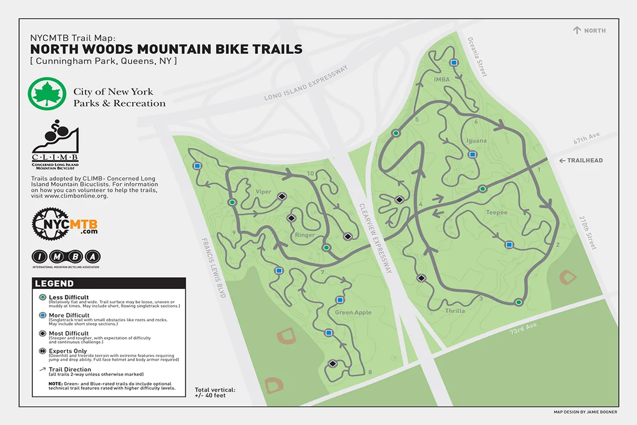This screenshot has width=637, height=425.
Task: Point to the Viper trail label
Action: [x=263, y=192]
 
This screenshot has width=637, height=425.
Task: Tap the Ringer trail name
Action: [x=305, y=235]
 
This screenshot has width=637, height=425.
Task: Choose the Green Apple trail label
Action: [x=353, y=312]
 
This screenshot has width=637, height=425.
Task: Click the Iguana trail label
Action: [x=476, y=141]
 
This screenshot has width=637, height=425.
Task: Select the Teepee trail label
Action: [x=496, y=212]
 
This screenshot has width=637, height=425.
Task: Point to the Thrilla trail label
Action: [x=455, y=311]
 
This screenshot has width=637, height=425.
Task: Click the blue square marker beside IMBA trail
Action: [x=454, y=63]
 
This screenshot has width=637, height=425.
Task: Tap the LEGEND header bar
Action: [x=109, y=284]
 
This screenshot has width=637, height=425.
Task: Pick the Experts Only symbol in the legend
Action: [x=42, y=351]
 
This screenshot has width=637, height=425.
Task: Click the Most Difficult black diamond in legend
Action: [x=42, y=333]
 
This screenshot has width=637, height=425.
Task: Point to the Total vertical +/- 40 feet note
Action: [x=215, y=393]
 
